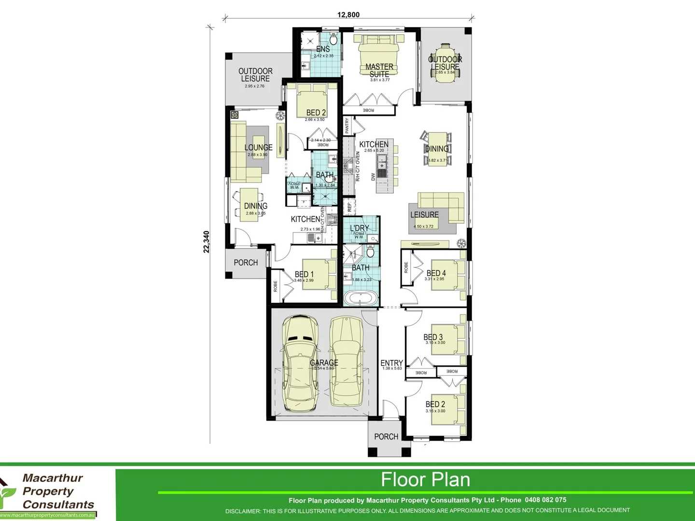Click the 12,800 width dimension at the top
click(348, 14)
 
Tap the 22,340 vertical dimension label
click(207, 242)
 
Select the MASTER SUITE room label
click(379, 70)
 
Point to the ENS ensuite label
click(323, 49)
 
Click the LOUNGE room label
click(258, 148)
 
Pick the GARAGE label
click(324, 363)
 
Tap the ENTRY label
click(391, 363)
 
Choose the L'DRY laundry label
click(360, 228)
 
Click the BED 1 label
click(304, 274)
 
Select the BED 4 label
click(436, 273)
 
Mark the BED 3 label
click(433, 337)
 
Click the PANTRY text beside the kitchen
click(347, 126)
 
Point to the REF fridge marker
click(349, 207)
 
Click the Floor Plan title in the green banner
click(425, 480)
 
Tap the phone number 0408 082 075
click(545, 500)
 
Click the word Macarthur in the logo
click(53, 478)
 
